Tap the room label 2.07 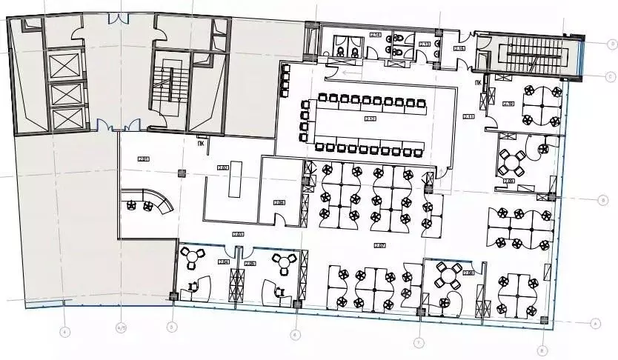coord(379,245)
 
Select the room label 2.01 coord(143,158)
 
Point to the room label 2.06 coord(279,202)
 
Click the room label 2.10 coord(509,103)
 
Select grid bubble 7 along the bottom coord(418,341)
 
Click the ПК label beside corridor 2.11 coord(486,83)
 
